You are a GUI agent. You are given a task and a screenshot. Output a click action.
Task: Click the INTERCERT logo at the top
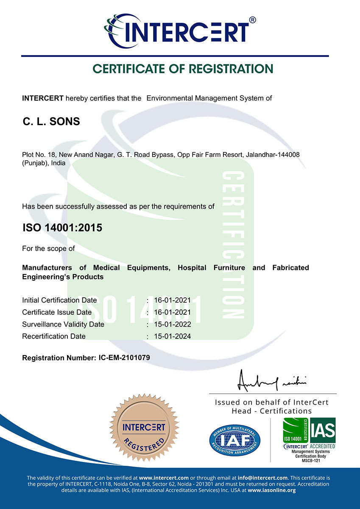point(178,31)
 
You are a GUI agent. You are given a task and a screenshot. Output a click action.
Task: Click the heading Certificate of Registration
point(183,69)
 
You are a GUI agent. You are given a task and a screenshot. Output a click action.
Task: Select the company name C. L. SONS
point(51,122)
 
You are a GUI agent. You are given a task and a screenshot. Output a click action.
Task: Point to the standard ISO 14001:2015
point(62,228)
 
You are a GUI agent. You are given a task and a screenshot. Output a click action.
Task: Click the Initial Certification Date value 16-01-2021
point(173,300)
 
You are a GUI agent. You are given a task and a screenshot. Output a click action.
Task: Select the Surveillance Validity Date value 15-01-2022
point(173,324)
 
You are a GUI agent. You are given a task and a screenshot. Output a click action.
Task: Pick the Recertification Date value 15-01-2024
point(173,336)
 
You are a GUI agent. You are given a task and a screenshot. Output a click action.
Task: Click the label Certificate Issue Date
point(57,312)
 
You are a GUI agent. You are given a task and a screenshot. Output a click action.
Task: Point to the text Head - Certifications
point(271,411)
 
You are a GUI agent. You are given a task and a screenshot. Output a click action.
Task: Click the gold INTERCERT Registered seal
point(144,432)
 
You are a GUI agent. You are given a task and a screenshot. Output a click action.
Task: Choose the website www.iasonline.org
point(271,490)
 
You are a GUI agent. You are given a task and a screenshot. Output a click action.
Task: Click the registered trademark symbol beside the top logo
point(252,20)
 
